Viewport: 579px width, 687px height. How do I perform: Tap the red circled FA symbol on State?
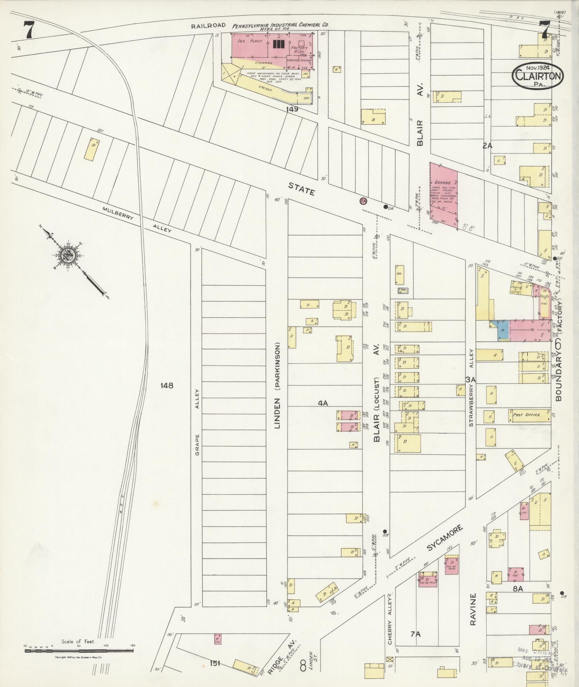(x=364, y=201)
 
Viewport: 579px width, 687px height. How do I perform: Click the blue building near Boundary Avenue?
(x=503, y=330)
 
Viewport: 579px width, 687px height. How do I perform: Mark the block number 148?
(x=167, y=385)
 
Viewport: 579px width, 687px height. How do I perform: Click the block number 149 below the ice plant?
(x=292, y=109)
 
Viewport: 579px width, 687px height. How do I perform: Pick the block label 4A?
(x=323, y=403)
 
